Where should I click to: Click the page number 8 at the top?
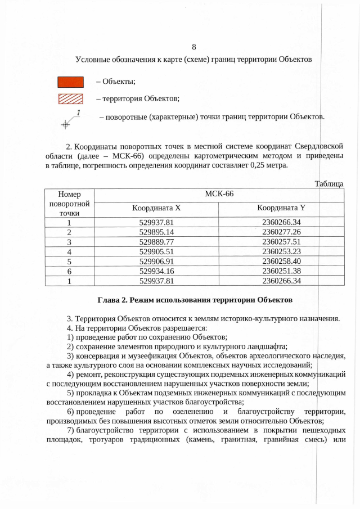pos(193,47)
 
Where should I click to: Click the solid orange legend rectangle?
pos(71,82)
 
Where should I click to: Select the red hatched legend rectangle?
pos(71,99)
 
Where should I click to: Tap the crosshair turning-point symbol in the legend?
pos(66,123)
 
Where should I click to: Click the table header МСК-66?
pos(219,194)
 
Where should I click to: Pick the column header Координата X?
pos(156,208)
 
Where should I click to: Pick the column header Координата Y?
pos(281,208)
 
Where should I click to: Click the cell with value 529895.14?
pos(156,232)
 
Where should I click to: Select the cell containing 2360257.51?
pos(281,241)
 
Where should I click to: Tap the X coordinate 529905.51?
pos(156,251)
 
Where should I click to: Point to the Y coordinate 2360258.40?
pos(281,261)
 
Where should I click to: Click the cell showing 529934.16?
pos(156,271)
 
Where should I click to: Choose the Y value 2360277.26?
pos(281,232)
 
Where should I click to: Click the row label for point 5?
pos(69,261)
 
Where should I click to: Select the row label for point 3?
pos(69,241)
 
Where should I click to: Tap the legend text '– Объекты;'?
pos(115,83)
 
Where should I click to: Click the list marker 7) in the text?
pos(70,430)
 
